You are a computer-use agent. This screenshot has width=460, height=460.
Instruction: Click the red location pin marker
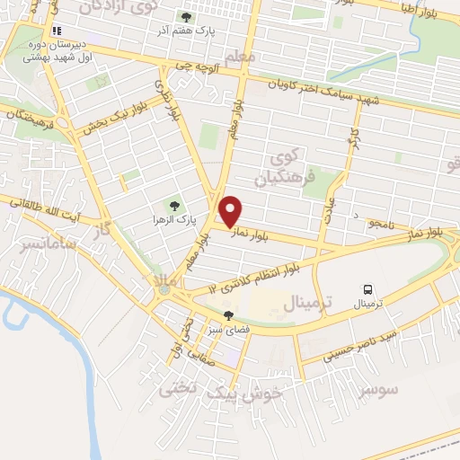tap(232, 210)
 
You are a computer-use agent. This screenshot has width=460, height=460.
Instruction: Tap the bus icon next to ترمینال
tap(367, 289)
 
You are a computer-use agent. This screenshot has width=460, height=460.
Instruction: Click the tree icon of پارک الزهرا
tap(175, 206)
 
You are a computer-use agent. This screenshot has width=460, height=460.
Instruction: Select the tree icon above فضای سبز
tap(228, 315)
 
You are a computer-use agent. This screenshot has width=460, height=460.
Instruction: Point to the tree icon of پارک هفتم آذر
tap(186, 17)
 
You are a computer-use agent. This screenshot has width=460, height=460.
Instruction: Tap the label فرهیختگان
tap(29, 117)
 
